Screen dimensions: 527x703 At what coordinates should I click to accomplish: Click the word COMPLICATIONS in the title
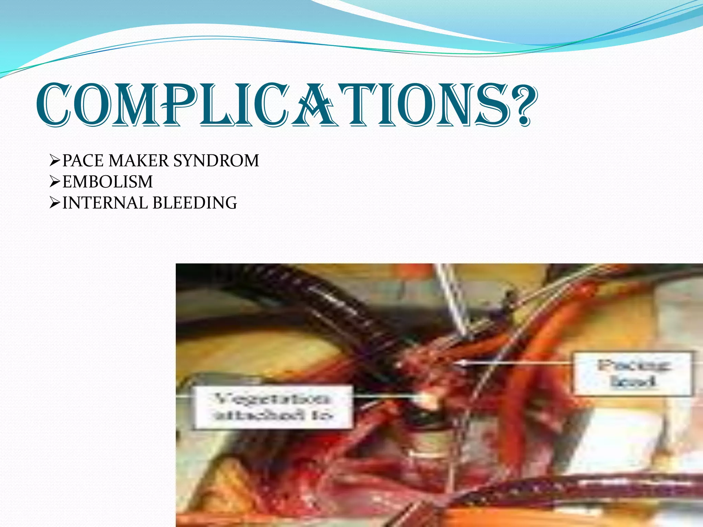[271, 105]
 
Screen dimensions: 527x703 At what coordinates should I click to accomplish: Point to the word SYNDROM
[216, 161]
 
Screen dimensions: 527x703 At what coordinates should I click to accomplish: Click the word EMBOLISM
[107, 181]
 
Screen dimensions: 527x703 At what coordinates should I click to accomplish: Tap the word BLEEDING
[195, 203]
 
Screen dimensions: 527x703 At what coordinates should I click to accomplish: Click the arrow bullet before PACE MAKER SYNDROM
[55, 161]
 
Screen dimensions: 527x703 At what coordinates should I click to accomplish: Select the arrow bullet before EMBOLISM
[55, 181]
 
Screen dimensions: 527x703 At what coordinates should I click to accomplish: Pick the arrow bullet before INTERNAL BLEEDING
[55, 203]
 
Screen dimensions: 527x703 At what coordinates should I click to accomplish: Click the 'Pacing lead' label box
[632, 373]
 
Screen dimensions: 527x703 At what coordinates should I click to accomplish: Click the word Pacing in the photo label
[633, 365]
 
